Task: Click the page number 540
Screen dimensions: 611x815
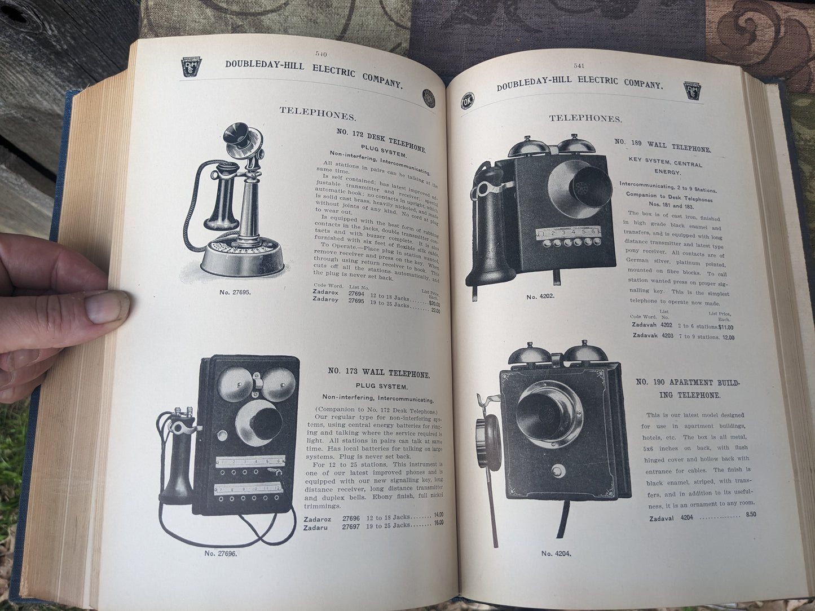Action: point(322,55)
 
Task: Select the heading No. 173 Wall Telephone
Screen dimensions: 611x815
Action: point(379,374)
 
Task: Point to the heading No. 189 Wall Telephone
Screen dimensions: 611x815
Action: point(663,145)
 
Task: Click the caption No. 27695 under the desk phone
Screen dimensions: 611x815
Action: point(235,293)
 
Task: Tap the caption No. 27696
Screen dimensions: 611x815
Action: point(221,553)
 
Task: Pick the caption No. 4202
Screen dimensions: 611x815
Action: point(540,296)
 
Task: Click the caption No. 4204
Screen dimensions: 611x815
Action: point(556,554)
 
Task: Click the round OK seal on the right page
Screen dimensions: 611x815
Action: point(468,101)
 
